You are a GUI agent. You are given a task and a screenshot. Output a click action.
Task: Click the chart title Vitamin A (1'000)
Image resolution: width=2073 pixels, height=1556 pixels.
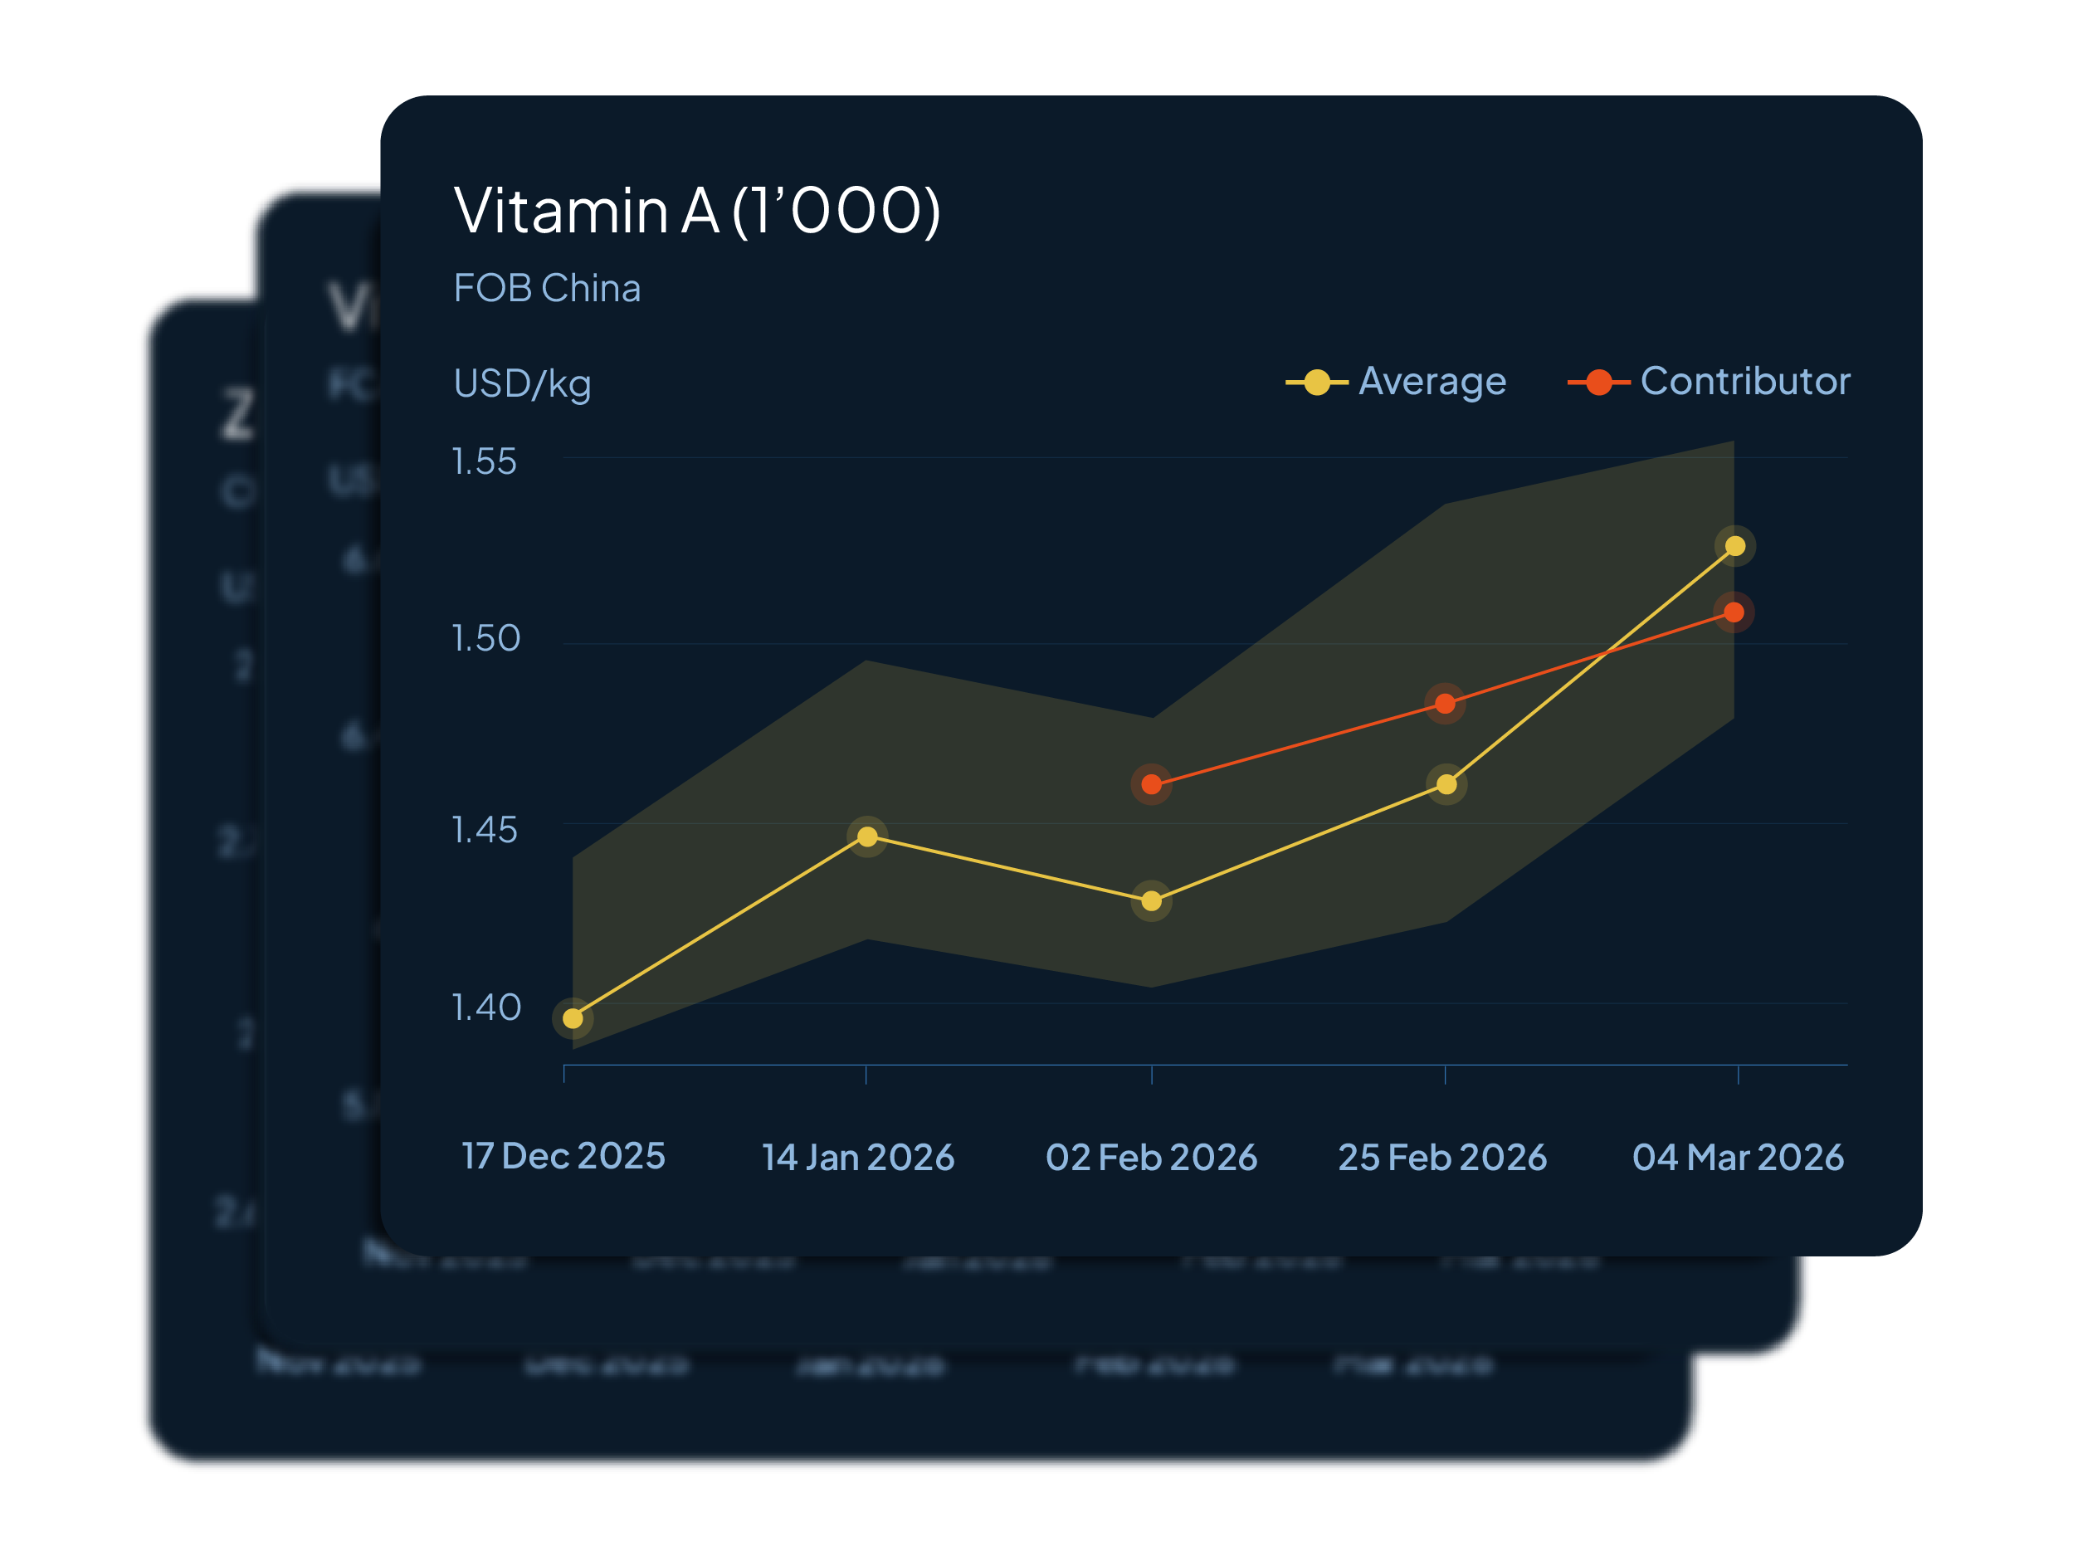pyautogui.click(x=696, y=210)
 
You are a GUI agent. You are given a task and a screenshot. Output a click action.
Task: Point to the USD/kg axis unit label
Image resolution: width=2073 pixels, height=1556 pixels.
pyautogui.click(x=522, y=383)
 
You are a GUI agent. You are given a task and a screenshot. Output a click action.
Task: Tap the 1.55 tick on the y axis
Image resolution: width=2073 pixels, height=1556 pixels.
pyautogui.click(x=485, y=461)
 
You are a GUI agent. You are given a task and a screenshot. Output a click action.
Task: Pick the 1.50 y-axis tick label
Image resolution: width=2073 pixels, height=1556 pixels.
pyautogui.click(x=485, y=638)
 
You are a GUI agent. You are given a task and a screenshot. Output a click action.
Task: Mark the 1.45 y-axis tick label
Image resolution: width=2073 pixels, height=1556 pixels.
pyautogui.click(x=485, y=830)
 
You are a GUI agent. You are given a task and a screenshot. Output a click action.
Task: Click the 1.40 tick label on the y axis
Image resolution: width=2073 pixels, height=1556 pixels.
pyautogui.click(x=485, y=1007)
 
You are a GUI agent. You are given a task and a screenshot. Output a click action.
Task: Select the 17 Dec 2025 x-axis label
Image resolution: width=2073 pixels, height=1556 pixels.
pyautogui.click(x=563, y=1156)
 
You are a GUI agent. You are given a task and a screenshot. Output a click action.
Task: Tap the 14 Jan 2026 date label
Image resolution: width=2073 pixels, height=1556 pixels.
pyautogui.click(x=857, y=1158)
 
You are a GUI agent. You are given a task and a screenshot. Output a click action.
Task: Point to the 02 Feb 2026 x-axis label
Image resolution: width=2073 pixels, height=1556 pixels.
pyautogui.click(x=1151, y=1158)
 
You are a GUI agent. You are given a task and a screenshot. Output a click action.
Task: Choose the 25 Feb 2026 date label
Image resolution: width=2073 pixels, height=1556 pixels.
pyautogui.click(x=1442, y=1158)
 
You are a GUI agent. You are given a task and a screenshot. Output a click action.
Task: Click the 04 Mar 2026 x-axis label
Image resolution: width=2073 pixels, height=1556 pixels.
pyautogui.click(x=1738, y=1158)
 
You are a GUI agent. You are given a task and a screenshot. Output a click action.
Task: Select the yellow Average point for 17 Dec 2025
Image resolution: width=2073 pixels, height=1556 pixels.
pyautogui.click(x=573, y=1018)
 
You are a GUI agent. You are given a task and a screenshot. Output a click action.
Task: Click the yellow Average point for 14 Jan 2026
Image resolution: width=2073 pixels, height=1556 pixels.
pyautogui.click(x=867, y=837)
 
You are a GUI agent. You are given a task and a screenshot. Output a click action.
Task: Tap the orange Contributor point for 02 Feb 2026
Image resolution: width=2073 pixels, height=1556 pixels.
pyautogui.click(x=1152, y=784)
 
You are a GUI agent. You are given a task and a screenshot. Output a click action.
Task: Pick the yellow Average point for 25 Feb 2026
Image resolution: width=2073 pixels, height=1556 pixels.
pyautogui.click(x=1446, y=783)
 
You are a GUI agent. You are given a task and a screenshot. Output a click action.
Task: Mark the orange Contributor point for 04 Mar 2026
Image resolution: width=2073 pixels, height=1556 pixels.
pyautogui.click(x=1734, y=612)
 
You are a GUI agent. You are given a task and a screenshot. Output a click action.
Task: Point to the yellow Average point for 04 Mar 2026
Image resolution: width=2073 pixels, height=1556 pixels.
pyautogui.click(x=1734, y=545)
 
